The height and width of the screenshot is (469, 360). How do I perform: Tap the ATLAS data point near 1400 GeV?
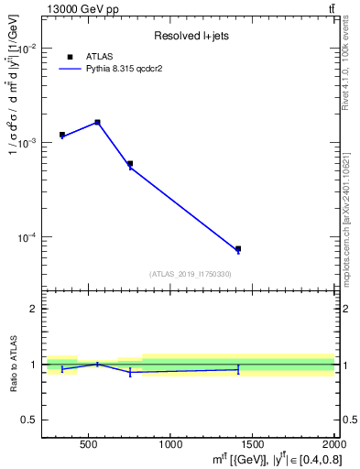238,248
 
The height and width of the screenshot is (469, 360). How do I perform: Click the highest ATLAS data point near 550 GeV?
97,122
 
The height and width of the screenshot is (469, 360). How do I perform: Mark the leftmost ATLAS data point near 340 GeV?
62,135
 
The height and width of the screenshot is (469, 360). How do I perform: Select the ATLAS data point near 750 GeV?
130,163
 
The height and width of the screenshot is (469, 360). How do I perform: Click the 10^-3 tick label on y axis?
27,143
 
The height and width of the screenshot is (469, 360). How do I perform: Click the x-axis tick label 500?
89,445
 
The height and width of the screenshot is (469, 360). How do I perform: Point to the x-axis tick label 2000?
332,445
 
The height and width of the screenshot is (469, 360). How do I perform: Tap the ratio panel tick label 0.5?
29,420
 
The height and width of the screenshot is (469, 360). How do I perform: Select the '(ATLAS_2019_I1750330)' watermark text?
191,274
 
